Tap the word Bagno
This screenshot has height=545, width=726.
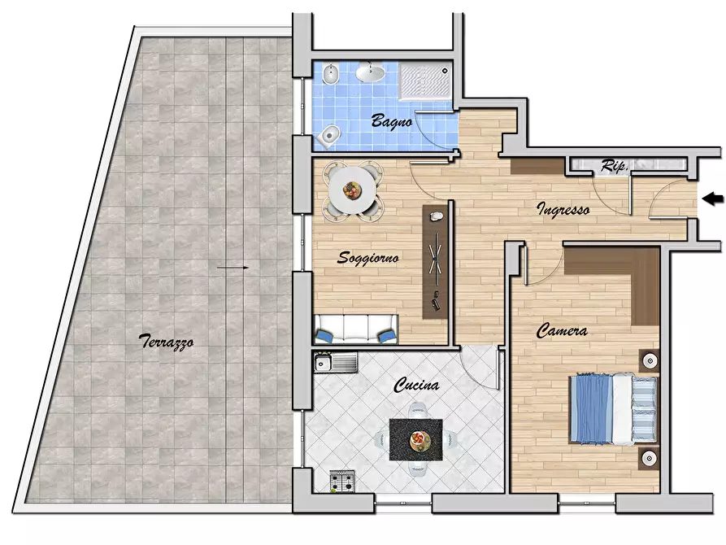click(x=392, y=121)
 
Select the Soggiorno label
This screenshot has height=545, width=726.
click(x=368, y=258)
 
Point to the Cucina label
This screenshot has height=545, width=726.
click(x=416, y=385)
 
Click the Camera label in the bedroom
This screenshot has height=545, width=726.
click(x=562, y=331)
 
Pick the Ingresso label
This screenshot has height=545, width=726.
click(x=563, y=209)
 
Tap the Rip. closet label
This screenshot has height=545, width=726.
click(x=615, y=165)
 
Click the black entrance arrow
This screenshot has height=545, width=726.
click(x=713, y=199)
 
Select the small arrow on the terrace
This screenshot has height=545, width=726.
click(x=233, y=268)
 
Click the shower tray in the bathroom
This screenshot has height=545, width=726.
click(x=425, y=81)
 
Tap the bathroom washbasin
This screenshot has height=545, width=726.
click(x=369, y=72)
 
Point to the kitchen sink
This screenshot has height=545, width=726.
click(x=336, y=362)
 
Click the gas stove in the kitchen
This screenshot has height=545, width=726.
click(x=342, y=481)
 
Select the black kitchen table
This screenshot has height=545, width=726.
click(x=415, y=439)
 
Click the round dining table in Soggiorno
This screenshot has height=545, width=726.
click(x=352, y=190)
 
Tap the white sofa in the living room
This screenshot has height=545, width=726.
click(x=356, y=329)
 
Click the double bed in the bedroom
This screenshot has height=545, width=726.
click(x=613, y=408)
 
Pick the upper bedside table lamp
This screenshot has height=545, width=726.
click(x=650, y=360)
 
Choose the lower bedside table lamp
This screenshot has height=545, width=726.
click(x=650, y=458)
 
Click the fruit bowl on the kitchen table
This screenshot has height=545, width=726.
click(x=419, y=440)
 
